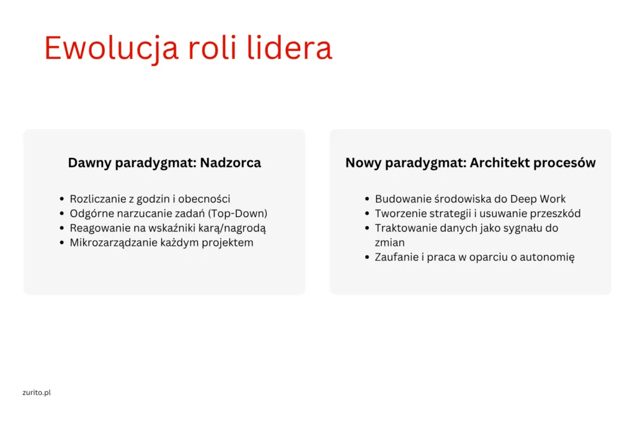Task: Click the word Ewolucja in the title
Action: tap(111, 49)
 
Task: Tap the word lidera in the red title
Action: tap(289, 48)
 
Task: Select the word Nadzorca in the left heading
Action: tap(231, 163)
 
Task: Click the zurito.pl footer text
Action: tap(37, 392)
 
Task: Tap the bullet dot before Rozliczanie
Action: tap(61, 199)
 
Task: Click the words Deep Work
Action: tap(538, 199)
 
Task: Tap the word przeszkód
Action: tap(555, 214)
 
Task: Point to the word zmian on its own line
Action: tap(389, 242)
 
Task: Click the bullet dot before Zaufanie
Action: tap(367, 257)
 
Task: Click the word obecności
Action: tap(203, 199)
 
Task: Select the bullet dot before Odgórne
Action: tap(61, 214)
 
